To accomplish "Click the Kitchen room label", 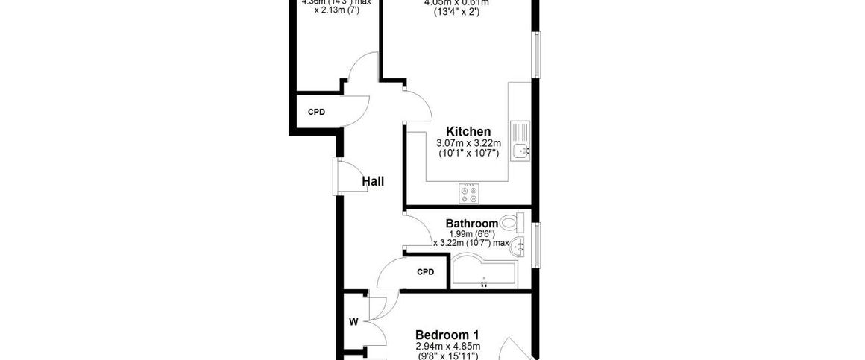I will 468,131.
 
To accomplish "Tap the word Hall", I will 373,180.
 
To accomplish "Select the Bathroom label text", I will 471,223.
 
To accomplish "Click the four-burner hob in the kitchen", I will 469,194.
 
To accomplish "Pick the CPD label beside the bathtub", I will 425,271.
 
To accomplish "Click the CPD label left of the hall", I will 317,113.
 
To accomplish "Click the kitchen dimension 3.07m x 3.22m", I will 468,143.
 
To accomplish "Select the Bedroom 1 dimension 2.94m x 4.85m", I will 447,346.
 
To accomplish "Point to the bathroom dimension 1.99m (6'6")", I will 471,233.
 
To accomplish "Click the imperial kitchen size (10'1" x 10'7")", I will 468,154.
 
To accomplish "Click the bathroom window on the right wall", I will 537,243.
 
